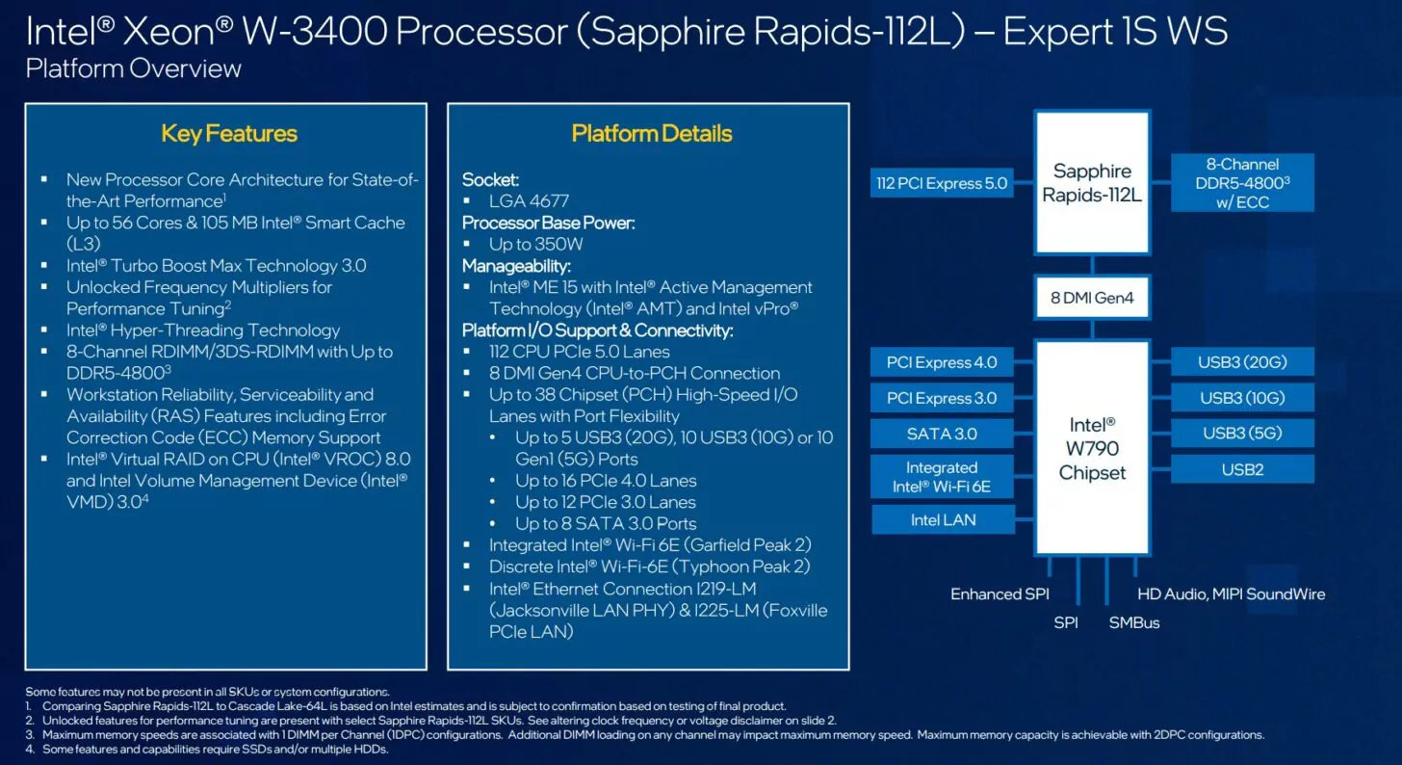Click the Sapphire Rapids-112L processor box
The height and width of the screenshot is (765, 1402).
[1092, 183]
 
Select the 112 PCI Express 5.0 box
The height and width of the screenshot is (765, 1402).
[942, 183]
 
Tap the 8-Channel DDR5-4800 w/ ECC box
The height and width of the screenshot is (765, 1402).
[1242, 183]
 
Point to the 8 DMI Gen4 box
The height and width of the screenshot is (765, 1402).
[1092, 298]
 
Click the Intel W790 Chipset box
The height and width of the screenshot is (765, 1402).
[1092, 448]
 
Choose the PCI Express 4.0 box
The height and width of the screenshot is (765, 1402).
[942, 363]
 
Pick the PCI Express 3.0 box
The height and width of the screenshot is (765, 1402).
[942, 398]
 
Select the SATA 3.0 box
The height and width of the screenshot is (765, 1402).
[942, 434]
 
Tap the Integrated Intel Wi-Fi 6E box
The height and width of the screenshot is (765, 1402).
[942, 477]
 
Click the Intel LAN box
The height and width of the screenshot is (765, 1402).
[943, 520]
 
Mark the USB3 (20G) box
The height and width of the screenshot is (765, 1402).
[1242, 363]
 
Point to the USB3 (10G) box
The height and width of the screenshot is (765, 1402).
[1242, 398]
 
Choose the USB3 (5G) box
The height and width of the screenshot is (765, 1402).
[1242, 434]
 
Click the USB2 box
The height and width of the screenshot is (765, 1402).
[1242, 469]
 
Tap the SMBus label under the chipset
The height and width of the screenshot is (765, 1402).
[1134, 623]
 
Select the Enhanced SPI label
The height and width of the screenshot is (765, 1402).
[1000, 594]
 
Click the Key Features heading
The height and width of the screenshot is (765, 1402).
[229, 134]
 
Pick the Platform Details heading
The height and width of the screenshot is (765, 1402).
[652, 134]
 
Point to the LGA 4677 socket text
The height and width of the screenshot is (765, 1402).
[529, 201]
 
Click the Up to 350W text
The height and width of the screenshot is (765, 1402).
[535, 244]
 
